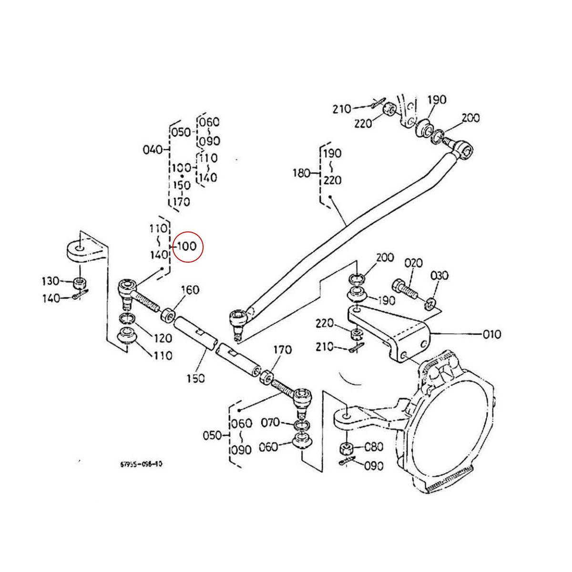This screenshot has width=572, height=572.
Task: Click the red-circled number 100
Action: coord(187,247)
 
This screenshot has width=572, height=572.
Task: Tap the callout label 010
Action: coord(491,334)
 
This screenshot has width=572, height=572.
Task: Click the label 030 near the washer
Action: coord(439,276)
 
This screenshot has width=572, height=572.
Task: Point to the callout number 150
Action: coord(195,378)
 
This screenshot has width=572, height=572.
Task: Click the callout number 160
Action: coord(190,290)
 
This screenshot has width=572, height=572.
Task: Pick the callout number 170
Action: coord(282,350)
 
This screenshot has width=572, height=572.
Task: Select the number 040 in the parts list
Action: coord(153,150)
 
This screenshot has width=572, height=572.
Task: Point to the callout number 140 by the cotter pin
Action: coord(51,298)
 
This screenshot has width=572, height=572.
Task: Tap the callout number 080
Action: coord(373,447)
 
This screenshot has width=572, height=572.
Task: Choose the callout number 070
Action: coord(270,422)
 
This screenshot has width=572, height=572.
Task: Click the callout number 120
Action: coord(163,338)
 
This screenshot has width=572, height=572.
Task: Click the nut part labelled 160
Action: coord(168,315)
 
